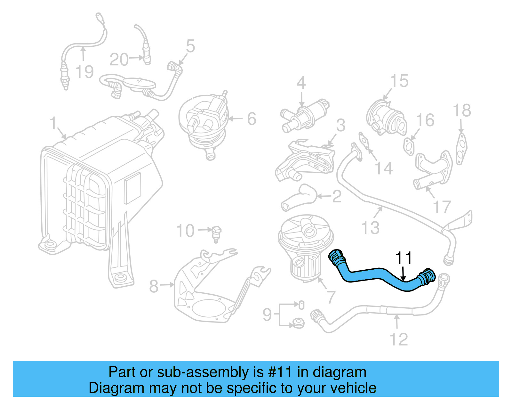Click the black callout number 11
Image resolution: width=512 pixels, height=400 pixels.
point(404,258)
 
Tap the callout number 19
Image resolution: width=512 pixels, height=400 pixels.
point(84,72)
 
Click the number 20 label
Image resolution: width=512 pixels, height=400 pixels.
point(119,60)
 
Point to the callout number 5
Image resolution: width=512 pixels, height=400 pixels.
point(190,46)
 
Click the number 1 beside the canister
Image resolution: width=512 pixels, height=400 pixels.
point(53,124)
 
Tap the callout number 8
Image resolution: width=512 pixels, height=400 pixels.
point(154,286)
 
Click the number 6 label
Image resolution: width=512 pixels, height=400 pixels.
point(252,119)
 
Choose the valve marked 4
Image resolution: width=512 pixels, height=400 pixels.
point(304,117)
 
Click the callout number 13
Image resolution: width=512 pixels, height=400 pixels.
point(370,228)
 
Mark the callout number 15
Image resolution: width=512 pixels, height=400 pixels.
point(399,81)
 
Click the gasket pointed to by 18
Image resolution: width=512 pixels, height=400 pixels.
point(461,149)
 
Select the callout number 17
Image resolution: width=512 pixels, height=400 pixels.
point(442,207)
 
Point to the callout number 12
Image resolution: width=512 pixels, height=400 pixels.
point(399,339)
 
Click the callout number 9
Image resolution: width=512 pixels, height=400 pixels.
point(267,314)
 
